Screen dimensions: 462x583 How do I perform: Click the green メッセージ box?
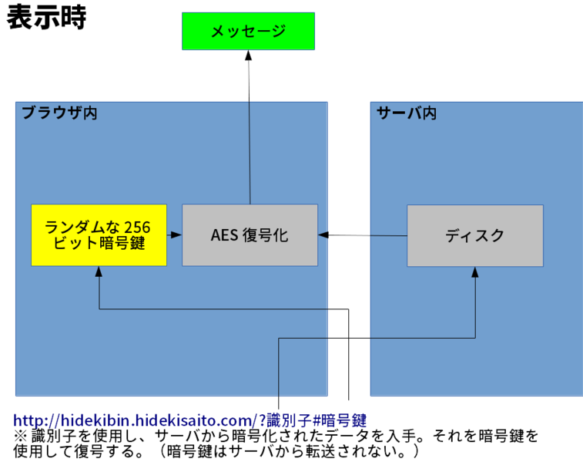click(x=248, y=31)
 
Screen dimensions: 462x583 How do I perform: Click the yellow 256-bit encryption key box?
click(x=99, y=235)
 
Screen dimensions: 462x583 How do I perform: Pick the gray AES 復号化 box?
click(x=250, y=235)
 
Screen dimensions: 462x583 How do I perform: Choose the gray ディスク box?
click(x=474, y=235)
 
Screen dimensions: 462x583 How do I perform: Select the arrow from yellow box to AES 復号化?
click(x=174, y=234)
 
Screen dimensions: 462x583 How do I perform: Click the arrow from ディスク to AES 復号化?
click(x=362, y=235)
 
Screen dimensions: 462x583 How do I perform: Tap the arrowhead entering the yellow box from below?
click(x=99, y=272)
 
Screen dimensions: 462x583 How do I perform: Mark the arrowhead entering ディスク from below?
click(x=475, y=272)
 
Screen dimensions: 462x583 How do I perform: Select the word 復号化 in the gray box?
click(x=265, y=235)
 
